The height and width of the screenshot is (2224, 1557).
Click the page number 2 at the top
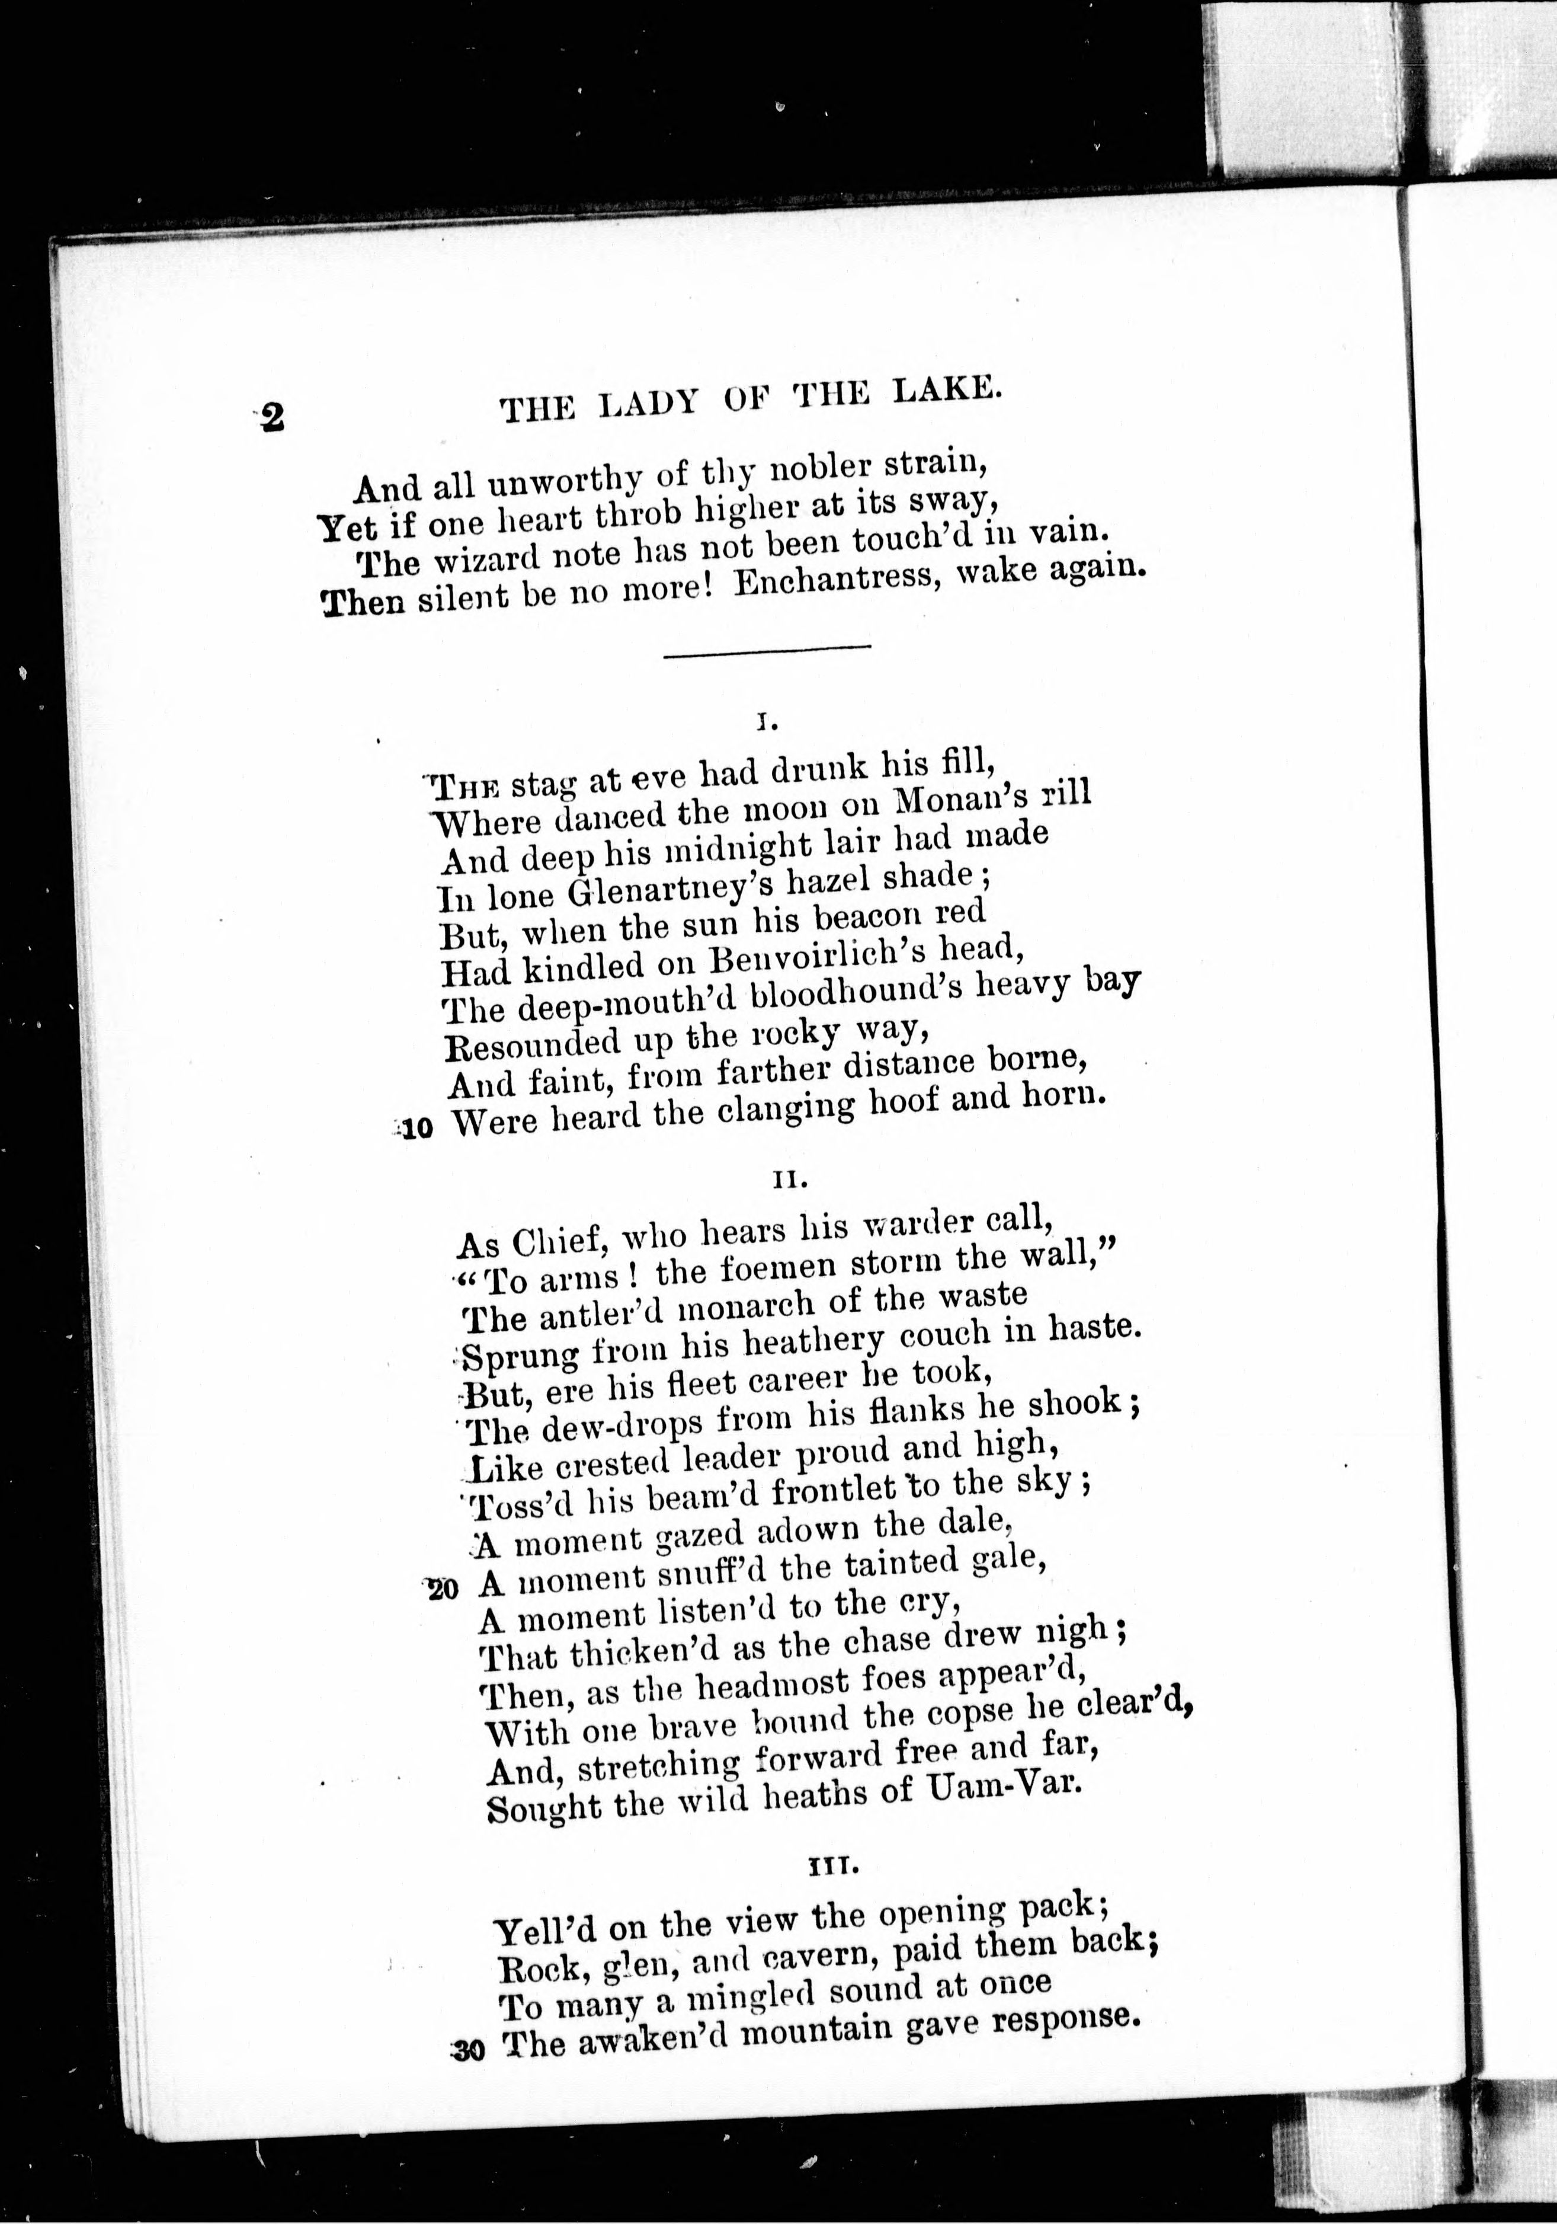click(x=272, y=417)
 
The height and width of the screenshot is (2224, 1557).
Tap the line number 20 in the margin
click(x=441, y=1590)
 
